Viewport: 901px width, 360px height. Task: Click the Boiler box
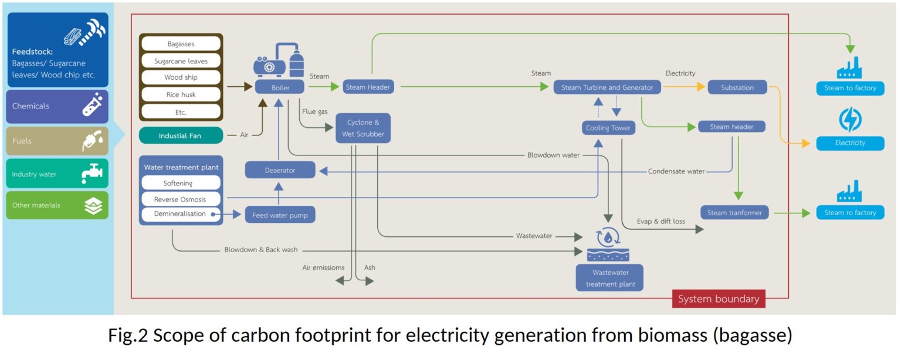coord(280,87)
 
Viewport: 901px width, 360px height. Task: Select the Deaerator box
coord(280,170)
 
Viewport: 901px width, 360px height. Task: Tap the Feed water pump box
coord(280,215)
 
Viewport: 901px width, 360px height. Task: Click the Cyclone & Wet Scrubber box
coord(363,128)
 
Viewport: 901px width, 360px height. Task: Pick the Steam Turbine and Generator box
coord(607,87)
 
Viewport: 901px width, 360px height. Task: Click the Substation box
coord(737,87)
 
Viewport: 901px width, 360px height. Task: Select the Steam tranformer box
coord(734,213)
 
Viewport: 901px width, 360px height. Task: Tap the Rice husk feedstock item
coord(180,94)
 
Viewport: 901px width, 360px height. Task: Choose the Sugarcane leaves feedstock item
coord(180,60)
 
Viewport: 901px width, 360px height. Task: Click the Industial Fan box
coord(181,136)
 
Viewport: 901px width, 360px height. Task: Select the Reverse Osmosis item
coord(180,199)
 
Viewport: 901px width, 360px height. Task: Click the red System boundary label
coord(718,299)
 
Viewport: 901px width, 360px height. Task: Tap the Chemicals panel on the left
coord(57,106)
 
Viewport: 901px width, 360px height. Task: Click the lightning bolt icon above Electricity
coord(849,120)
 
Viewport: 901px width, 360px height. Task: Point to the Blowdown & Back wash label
coord(260,250)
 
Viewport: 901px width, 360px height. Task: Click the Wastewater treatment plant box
coord(609,278)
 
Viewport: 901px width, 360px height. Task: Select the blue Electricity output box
coord(849,142)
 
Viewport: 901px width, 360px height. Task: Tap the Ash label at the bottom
coord(370,268)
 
